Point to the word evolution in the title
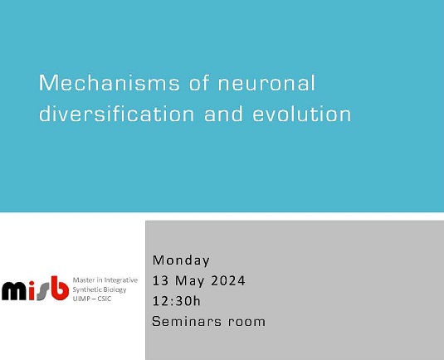click(303, 114)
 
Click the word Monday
click(181, 260)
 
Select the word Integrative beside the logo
click(121, 280)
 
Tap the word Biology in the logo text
click(117, 289)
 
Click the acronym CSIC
click(107, 299)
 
